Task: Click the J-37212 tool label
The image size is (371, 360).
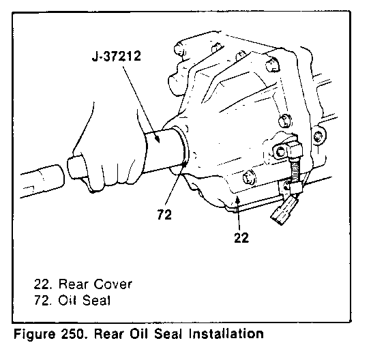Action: click(117, 57)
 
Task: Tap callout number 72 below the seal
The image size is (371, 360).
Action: click(164, 215)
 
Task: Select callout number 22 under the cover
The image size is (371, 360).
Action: click(241, 237)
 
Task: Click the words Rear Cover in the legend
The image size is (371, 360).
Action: click(95, 284)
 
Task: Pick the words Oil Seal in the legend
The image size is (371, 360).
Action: click(85, 301)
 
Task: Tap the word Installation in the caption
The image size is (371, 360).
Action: click(226, 333)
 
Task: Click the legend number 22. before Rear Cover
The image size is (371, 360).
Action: click(43, 284)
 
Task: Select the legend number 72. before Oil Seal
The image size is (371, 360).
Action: click(43, 301)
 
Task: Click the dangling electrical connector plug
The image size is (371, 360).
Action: click(284, 211)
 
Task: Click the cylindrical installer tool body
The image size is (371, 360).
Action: click(163, 149)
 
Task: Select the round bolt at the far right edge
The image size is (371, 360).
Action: click(318, 137)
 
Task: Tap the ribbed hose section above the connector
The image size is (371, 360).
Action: click(295, 170)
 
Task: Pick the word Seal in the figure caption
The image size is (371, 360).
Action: click(168, 334)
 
